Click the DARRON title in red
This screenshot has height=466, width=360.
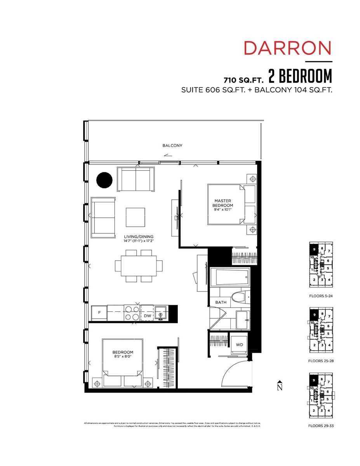tap(287, 48)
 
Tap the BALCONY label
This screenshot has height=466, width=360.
tap(172, 146)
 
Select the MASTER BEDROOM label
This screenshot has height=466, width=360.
tap(223, 203)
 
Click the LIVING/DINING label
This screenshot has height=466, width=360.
tap(139, 236)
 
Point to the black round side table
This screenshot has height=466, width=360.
tap(104, 180)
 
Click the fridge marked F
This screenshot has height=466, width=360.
tap(99, 313)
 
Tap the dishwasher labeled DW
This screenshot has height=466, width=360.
tap(147, 316)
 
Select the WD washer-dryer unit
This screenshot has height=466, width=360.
tap(239, 344)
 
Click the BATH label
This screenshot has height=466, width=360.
tap(216, 302)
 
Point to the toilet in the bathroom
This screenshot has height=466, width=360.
tap(240, 298)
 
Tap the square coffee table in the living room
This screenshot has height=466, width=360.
tap(135, 217)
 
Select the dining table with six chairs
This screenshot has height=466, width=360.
tap(138, 266)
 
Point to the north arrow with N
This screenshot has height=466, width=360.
tap(279, 386)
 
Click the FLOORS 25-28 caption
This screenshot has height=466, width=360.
tap(321, 360)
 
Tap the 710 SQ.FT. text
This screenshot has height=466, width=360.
tap(243, 80)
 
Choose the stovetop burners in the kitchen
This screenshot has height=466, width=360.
tap(132, 313)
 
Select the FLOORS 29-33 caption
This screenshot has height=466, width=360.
tap(321, 426)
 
